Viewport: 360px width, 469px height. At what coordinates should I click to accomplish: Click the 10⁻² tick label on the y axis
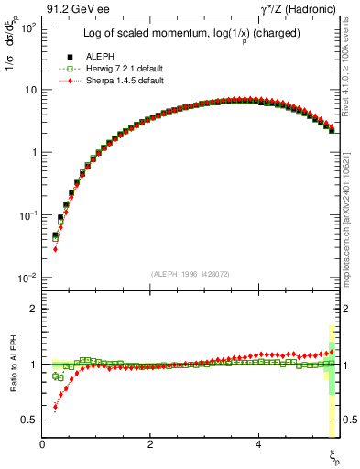point(28,278)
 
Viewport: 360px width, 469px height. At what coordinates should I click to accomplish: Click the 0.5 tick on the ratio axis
point(30,420)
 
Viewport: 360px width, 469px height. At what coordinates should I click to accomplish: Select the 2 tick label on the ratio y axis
point(34,309)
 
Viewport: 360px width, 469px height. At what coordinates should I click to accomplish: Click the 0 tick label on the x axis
point(43,444)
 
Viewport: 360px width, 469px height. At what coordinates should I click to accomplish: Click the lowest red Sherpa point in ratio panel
point(55,408)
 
